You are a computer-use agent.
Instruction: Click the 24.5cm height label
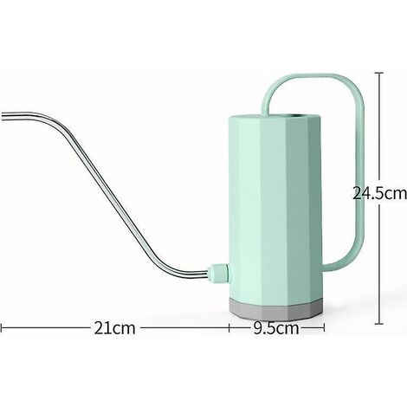(x=379, y=193)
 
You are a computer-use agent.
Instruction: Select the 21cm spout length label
(x=114, y=328)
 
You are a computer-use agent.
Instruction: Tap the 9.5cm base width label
(x=276, y=328)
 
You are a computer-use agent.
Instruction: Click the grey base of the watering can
(x=275, y=309)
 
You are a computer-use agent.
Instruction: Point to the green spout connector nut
(x=220, y=273)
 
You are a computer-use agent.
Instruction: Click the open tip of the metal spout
(x=3, y=116)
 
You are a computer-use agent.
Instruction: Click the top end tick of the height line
(x=379, y=73)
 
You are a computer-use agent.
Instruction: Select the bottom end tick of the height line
(x=379, y=324)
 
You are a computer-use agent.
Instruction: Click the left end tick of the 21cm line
(x=1, y=328)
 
